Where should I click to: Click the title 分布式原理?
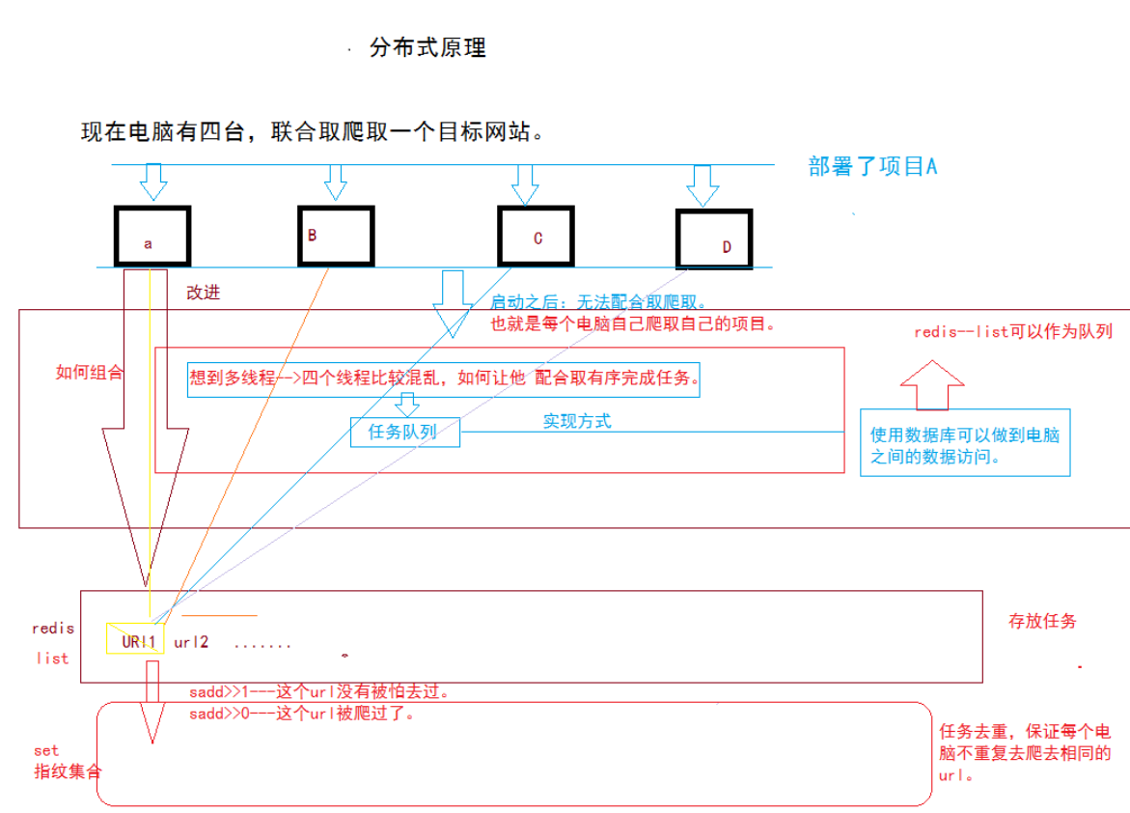[427, 48]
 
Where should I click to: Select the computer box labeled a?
[152, 236]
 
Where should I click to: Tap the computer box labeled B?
[335, 235]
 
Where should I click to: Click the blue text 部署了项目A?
[873, 166]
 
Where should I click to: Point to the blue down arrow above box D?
[703, 185]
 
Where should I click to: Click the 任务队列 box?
[404, 432]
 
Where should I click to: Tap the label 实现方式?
[576, 421]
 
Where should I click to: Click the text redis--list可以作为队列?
[1012, 332]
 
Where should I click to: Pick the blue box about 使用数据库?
[965, 442]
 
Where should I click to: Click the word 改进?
[204, 292]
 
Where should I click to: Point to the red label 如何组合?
[89, 373]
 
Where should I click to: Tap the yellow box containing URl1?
[135, 639]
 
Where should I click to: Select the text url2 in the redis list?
[191, 641]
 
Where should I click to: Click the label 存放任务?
[1042, 622]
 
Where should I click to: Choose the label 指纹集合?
[68, 771]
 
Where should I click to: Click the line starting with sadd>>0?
[303, 715]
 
